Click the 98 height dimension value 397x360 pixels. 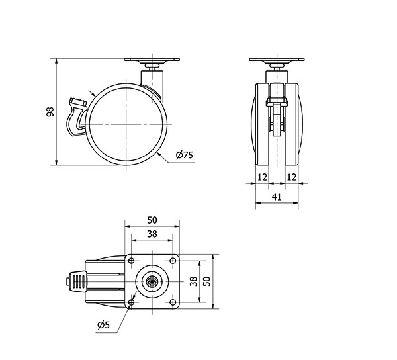click(50, 112)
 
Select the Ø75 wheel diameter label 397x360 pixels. click(185, 155)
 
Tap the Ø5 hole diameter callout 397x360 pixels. click(104, 324)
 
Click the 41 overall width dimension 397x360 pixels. click(277, 197)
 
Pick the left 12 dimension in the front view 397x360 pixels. click(262, 177)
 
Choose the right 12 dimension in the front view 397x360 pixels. click(291, 177)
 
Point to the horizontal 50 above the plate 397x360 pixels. click(152, 220)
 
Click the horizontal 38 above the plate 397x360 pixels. click(152, 234)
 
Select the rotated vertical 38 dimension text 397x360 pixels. click(193, 281)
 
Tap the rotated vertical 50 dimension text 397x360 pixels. click(207, 281)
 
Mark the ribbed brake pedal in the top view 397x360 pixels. click(77, 281)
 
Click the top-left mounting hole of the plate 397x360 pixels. click(132, 261)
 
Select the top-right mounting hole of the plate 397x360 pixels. click(173, 261)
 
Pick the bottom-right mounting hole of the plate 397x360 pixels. click(173, 302)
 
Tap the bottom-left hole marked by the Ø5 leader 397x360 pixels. click(132, 302)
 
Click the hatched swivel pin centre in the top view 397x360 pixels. click(152, 281)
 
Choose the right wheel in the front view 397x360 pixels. click(293, 124)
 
